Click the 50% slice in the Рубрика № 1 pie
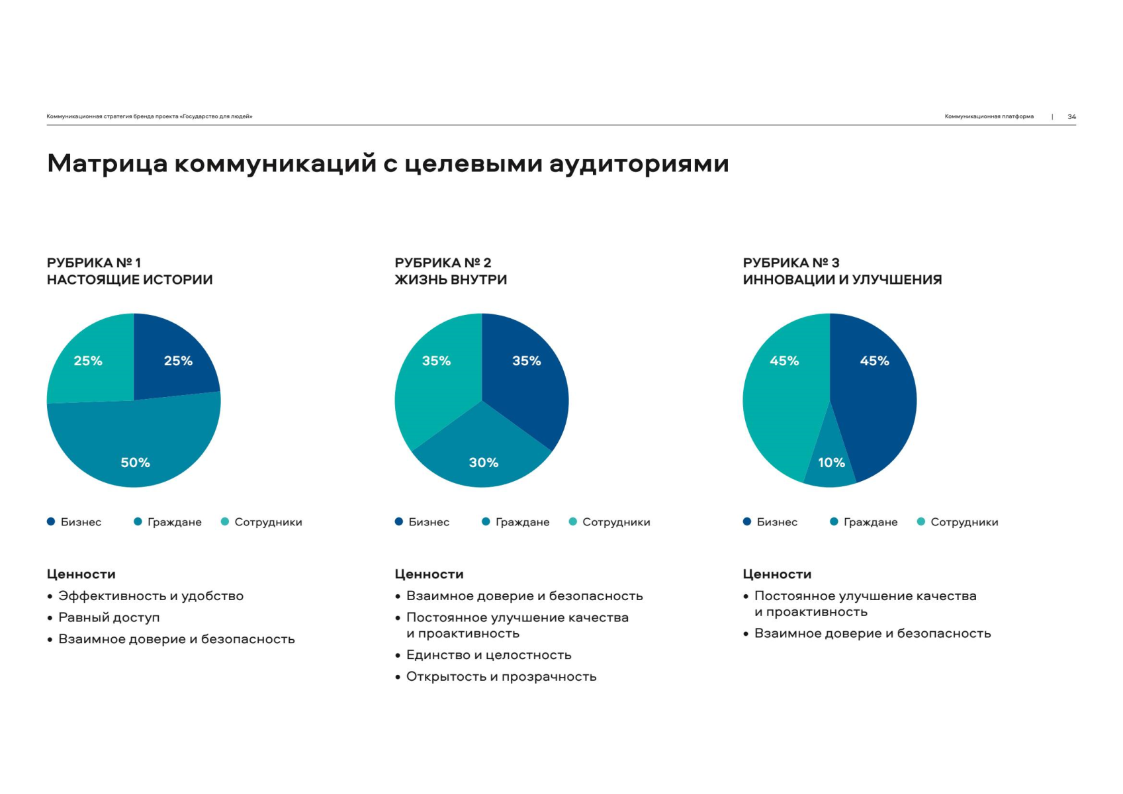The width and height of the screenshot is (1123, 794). (134, 450)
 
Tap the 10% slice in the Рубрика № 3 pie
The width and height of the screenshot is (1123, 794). (831, 466)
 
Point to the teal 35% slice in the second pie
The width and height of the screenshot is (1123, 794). (433, 377)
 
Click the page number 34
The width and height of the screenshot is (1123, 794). (1071, 116)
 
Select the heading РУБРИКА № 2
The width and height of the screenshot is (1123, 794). (443, 263)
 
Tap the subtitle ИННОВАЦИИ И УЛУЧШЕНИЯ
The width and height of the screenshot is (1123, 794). (842, 280)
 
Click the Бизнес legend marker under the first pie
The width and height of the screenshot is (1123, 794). (51, 521)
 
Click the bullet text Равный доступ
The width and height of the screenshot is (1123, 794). (109, 617)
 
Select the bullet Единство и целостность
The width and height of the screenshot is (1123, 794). (488, 655)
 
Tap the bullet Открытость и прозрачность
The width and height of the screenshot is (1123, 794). (501, 677)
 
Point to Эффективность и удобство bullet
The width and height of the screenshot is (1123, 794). (151, 596)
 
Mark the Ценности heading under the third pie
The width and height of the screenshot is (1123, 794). (777, 574)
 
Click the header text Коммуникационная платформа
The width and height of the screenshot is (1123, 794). (989, 116)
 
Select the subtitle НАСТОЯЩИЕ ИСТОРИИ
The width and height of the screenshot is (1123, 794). (130, 280)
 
